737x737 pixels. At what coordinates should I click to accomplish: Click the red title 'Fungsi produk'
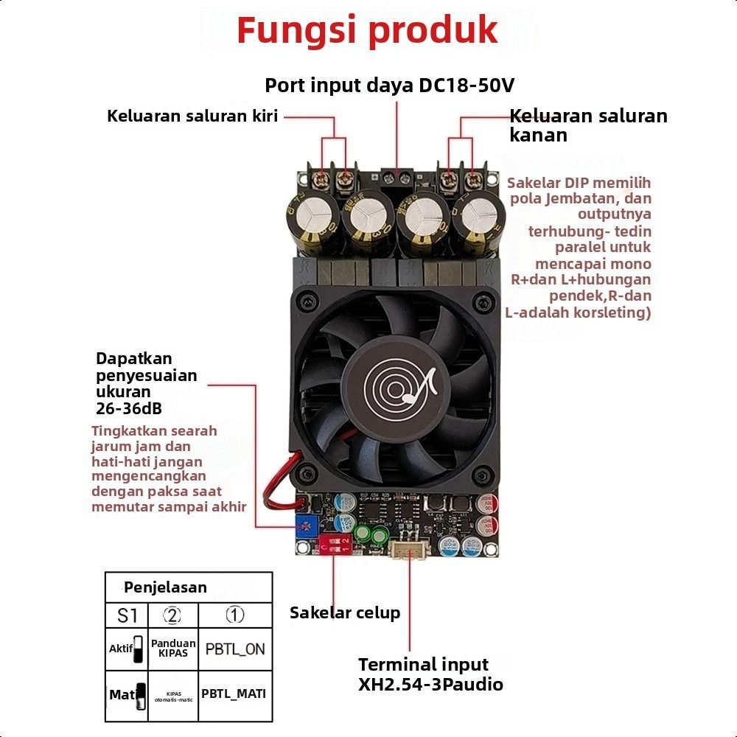click(x=367, y=31)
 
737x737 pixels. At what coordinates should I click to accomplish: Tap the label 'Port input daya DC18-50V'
click(x=389, y=85)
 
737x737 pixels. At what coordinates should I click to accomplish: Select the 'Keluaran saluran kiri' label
click(x=192, y=116)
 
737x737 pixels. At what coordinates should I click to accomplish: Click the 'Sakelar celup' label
click(x=345, y=612)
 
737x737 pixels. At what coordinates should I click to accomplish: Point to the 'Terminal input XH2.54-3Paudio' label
click(x=430, y=674)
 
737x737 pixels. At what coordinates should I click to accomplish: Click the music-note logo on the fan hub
click(x=398, y=386)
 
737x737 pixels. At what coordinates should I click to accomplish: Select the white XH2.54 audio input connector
click(x=408, y=549)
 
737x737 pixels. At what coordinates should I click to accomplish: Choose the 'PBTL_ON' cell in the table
click(x=235, y=649)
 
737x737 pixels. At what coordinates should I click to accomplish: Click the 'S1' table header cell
click(x=128, y=615)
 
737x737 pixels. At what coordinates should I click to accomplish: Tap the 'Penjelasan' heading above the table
click(x=165, y=587)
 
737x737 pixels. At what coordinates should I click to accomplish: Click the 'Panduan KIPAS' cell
click(x=173, y=648)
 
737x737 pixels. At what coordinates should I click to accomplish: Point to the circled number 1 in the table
click(x=234, y=615)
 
